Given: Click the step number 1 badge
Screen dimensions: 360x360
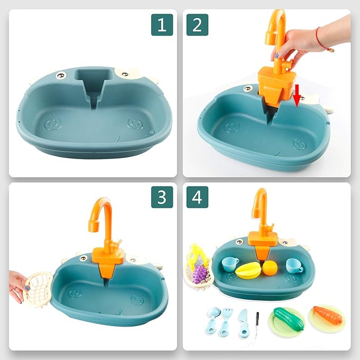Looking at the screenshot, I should [x=162, y=24].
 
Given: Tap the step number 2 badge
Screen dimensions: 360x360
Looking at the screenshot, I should [x=197, y=24].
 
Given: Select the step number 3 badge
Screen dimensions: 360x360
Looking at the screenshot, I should [x=162, y=197].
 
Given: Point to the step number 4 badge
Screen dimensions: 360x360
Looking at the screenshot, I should [x=197, y=197].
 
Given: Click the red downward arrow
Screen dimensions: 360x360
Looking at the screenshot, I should [x=298, y=94].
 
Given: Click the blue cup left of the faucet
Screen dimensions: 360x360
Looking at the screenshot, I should [x=230, y=264].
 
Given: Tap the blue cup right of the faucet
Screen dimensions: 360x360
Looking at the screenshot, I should [x=293, y=265].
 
